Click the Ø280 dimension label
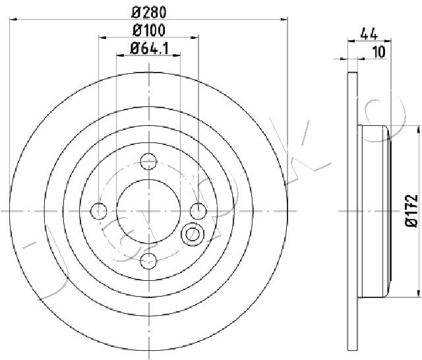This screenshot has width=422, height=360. pyautogui.click(x=149, y=13)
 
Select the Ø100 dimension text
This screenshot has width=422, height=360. pyautogui.click(x=149, y=30)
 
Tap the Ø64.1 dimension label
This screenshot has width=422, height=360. pyautogui.click(x=150, y=49)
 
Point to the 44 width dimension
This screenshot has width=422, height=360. pyautogui.click(x=369, y=34)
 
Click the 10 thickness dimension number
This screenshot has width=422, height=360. pyautogui.click(x=379, y=52)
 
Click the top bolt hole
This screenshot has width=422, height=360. pyautogui.click(x=148, y=162)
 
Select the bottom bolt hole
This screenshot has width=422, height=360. pyautogui.click(x=148, y=260)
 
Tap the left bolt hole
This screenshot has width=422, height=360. pyautogui.click(x=99, y=211)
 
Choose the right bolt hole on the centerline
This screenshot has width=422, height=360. pyautogui.click(x=198, y=211)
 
